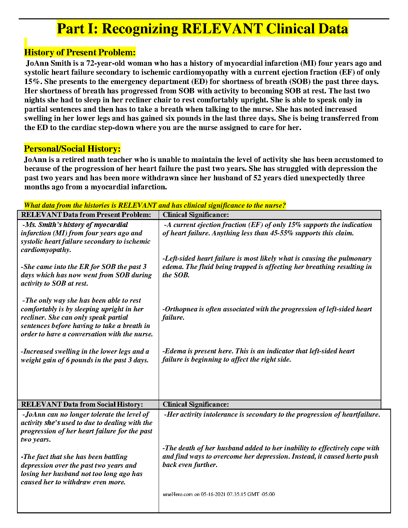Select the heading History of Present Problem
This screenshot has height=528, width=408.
(80, 52)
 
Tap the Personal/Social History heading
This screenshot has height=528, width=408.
(72, 149)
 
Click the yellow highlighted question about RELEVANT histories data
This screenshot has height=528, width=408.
(155, 205)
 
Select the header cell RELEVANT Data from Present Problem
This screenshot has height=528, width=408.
(86, 215)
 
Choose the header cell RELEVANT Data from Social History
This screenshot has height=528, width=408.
(82, 404)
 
